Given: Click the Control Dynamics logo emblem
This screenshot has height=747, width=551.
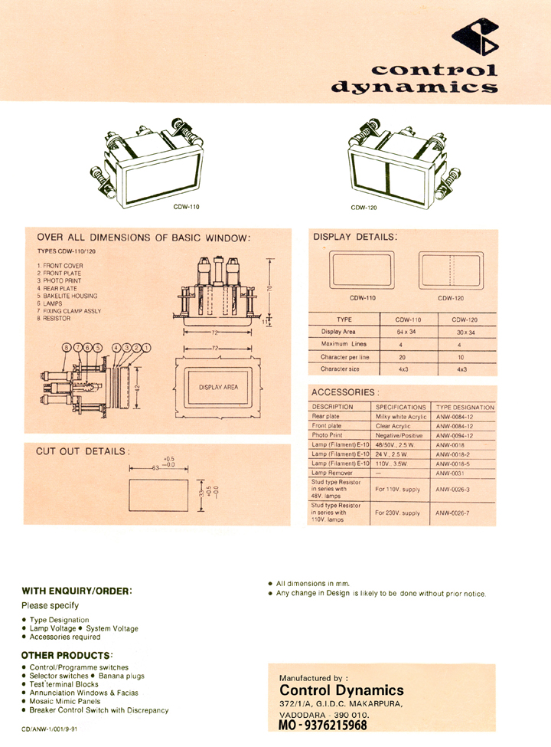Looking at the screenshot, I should [x=475, y=39].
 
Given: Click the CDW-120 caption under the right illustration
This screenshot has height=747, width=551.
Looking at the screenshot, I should [x=364, y=208].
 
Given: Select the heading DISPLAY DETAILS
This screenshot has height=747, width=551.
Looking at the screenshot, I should [x=355, y=238].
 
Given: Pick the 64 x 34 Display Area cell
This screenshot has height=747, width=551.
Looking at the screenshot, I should [x=408, y=332].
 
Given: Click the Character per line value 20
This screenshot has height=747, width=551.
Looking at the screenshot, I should [x=408, y=357].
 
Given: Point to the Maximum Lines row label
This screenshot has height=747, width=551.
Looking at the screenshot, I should [x=344, y=345].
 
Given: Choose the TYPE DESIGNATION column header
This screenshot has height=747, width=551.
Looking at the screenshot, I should [x=465, y=407].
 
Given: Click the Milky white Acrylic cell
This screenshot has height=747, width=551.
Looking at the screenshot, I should [x=401, y=416].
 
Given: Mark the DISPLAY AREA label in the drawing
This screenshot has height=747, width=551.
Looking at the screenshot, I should [x=218, y=387].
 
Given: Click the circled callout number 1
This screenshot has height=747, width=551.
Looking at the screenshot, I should [x=145, y=348].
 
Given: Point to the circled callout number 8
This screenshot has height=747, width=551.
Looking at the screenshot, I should [x=67, y=348].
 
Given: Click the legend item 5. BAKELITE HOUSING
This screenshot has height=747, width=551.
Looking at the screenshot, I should [x=67, y=296].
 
